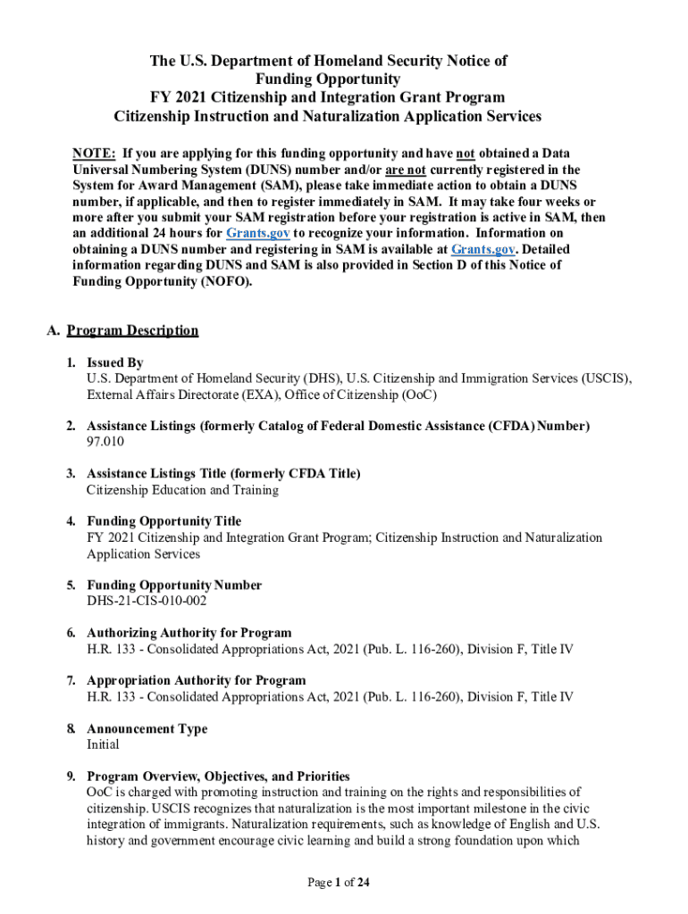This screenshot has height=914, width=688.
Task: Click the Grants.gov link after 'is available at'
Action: [x=482, y=250]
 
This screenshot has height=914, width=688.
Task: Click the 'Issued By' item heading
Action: [x=114, y=363]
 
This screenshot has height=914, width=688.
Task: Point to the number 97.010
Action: [x=105, y=443]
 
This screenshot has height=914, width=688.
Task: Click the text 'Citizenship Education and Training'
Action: [x=182, y=490]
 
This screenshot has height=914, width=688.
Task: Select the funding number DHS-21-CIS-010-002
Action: [x=147, y=602]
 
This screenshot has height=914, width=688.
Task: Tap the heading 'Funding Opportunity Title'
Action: [x=164, y=521]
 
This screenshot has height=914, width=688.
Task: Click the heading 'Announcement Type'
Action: [x=147, y=729]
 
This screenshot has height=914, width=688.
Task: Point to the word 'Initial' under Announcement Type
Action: [x=103, y=744]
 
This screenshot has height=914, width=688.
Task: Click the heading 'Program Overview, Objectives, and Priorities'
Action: [x=218, y=777]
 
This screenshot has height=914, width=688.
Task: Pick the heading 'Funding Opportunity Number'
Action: [x=174, y=586]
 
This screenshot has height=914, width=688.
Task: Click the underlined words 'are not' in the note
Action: [x=405, y=170]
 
